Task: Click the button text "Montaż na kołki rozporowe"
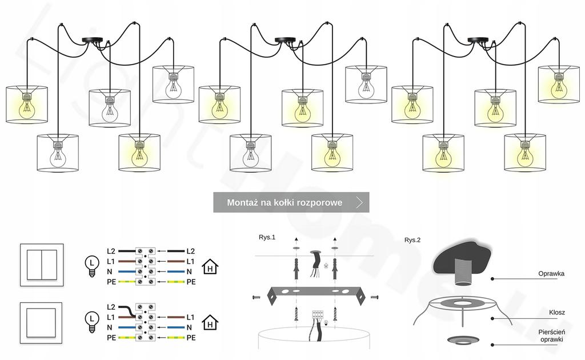[x=285, y=202]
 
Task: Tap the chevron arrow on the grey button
[x=359, y=202]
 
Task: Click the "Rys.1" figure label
[x=267, y=237]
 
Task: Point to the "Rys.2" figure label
[x=412, y=240]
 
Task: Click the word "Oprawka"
[x=551, y=274]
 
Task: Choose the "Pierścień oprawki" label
[x=551, y=335]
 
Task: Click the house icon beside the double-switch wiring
[x=211, y=266]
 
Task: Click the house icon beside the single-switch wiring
[x=211, y=323]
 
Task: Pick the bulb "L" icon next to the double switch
[x=90, y=266]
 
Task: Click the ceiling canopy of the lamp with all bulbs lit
[x=479, y=40]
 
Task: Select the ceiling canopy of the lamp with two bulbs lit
[x=93, y=40]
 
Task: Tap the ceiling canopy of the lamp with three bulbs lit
[x=286, y=40]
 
